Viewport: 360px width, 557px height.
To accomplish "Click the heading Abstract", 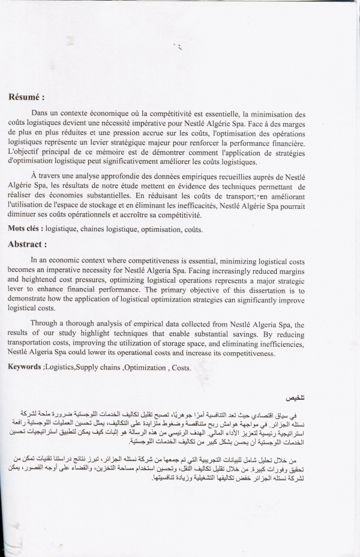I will tap(27, 244).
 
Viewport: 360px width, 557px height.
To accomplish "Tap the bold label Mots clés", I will tap(24, 229).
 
